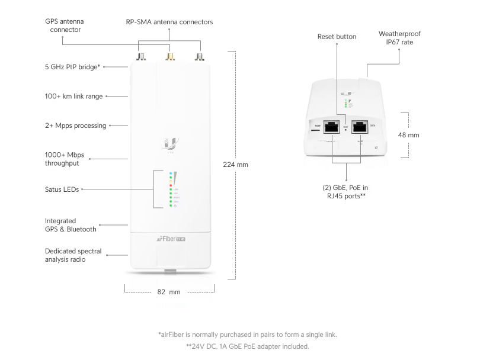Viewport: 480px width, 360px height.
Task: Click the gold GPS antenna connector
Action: (169, 57)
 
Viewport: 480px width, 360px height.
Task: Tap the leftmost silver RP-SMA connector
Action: (142, 57)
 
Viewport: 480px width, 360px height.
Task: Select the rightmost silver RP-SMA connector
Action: (198, 57)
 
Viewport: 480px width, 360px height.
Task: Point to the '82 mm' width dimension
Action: (169, 292)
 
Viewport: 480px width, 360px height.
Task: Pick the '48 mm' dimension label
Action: (408, 135)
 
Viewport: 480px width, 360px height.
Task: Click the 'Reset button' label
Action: (337, 37)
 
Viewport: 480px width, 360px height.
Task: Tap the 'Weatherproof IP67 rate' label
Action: (399, 38)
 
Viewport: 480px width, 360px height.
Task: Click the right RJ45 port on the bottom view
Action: (359, 126)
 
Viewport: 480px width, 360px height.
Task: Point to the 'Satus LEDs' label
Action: (62, 189)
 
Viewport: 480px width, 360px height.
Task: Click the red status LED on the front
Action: (171, 185)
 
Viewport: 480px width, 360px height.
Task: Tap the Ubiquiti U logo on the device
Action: (169, 143)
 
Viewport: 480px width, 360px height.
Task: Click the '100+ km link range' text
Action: (73, 96)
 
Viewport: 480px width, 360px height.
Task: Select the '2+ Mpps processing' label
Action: (75, 126)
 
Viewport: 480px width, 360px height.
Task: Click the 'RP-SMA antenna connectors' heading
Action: (169, 22)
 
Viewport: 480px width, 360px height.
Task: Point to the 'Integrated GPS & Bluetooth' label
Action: (71, 225)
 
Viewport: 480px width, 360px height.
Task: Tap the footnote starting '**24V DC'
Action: (248, 346)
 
